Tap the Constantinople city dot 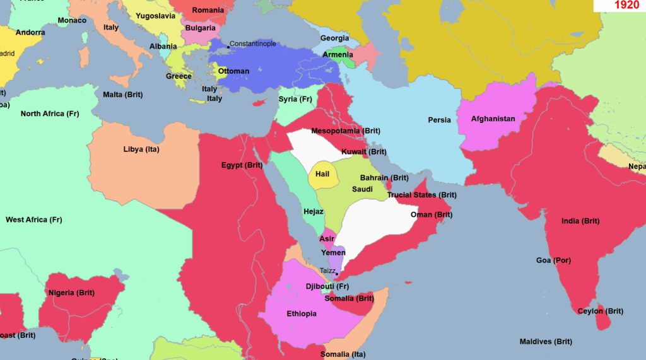(228, 47)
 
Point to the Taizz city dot (337, 274)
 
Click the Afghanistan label (493, 119)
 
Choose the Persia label (439, 120)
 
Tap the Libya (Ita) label (141, 149)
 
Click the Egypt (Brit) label (242, 165)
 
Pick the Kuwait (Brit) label (364, 152)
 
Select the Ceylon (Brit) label (600, 311)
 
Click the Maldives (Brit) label (546, 342)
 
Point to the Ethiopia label (302, 314)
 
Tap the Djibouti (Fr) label (327, 287)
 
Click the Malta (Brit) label (123, 95)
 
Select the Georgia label (334, 38)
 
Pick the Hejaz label (314, 212)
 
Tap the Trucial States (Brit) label (421, 195)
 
